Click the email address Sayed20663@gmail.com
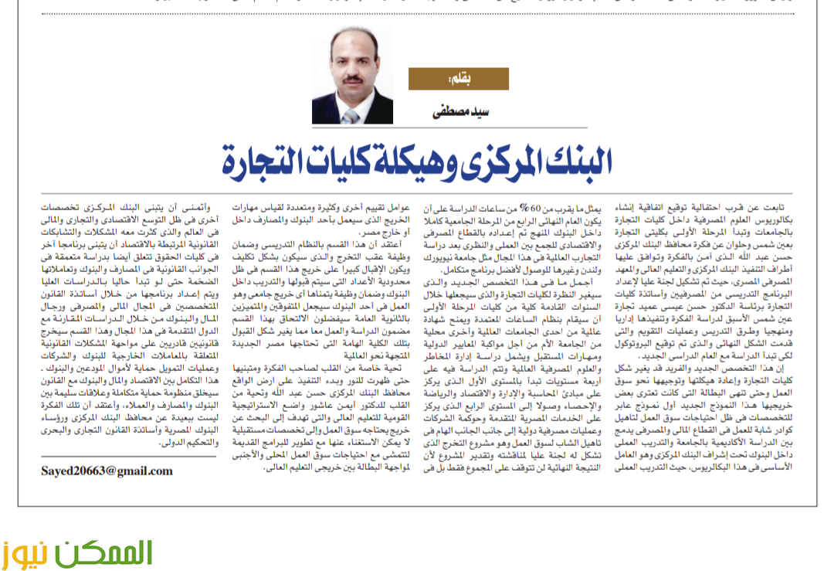107,470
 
